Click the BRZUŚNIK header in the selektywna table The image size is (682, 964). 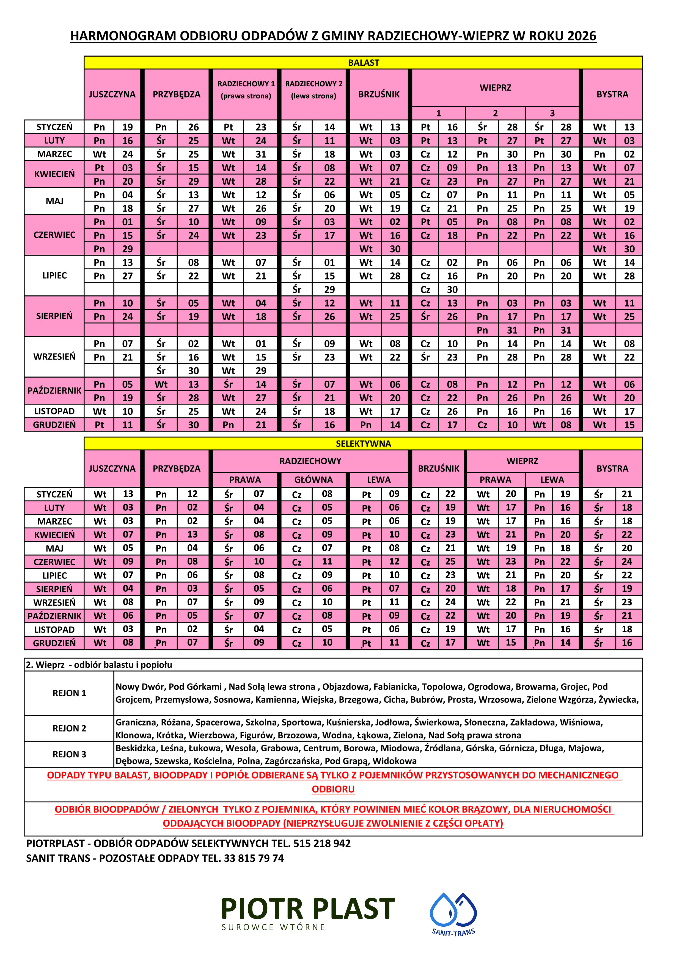click(438, 469)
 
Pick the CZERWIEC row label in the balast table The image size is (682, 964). click(54, 235)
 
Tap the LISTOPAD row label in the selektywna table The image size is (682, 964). click(54, 629)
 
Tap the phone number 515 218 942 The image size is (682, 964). click(321, 844)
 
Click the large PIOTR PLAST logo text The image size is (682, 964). click(308, 909)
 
